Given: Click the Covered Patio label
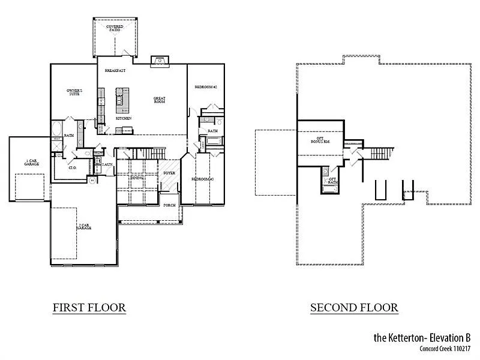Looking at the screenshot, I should pos(115,28).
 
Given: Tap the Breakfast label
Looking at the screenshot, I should pos(115,71).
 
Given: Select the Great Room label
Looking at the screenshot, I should pos(159,100).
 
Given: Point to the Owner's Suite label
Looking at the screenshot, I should pos(74,92).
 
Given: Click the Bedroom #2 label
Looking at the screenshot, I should pos(205,87).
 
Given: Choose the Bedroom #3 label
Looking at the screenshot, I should pos(203,179).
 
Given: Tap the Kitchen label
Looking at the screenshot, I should pos(124,118).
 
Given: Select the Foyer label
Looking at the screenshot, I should pos(169,173).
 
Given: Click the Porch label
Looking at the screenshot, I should pos(169,205).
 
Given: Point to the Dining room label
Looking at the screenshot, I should pos(137,178).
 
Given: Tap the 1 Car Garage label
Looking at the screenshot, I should pos(32,162).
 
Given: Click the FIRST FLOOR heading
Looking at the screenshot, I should pos(89,308).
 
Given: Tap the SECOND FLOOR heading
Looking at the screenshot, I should pos(354,308).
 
